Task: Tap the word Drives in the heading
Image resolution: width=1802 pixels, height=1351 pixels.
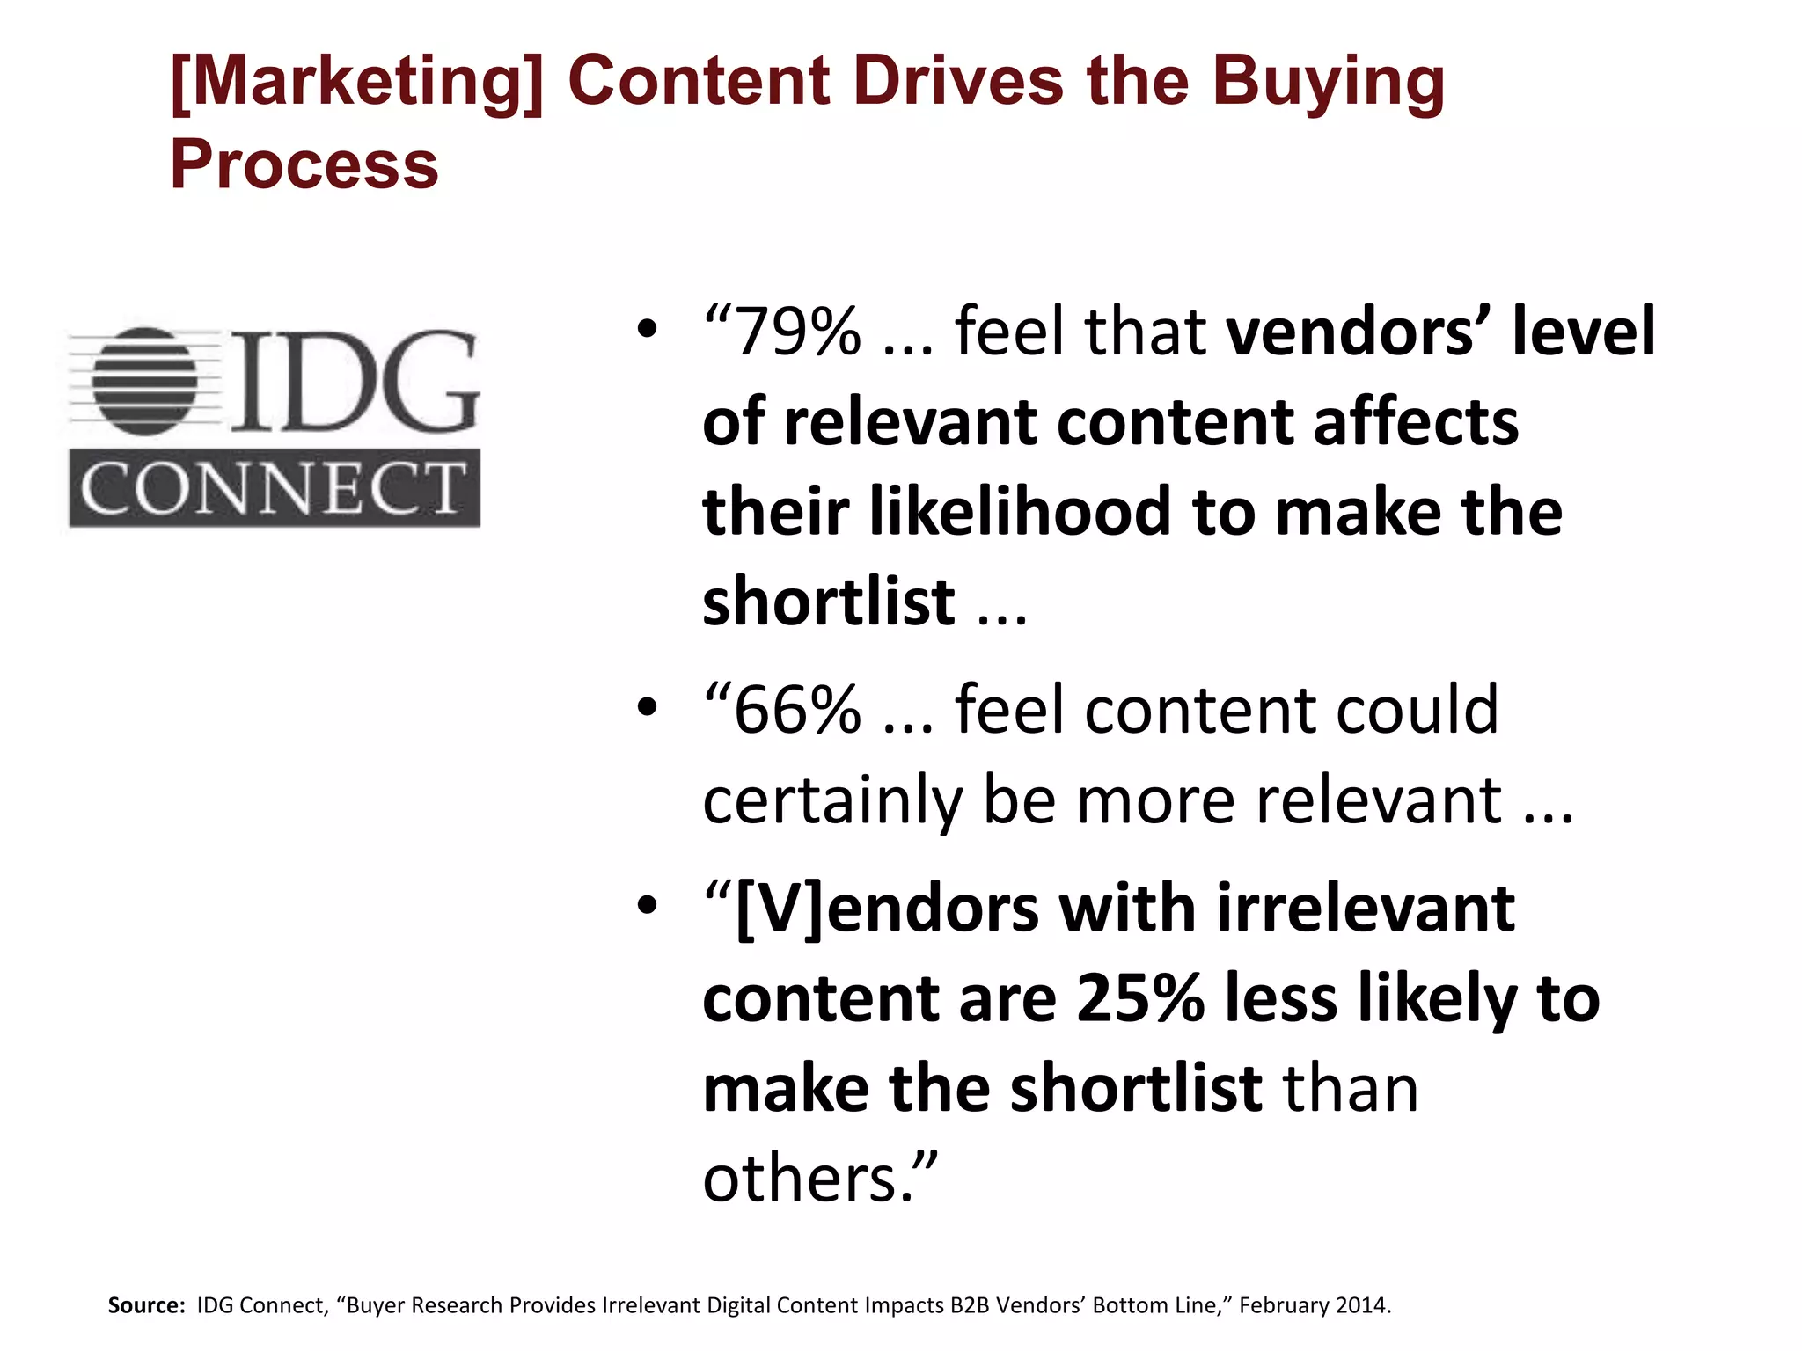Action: coord(959,81)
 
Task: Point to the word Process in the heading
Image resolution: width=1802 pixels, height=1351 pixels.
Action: coord(304,164)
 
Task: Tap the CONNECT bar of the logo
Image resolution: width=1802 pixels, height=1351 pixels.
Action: coord(275,488)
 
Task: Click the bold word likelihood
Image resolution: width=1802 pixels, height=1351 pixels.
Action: coord(1020,512)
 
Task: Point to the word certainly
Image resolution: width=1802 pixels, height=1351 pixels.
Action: coord(832,801)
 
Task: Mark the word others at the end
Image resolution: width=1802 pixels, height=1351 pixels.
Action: coord(801,1178)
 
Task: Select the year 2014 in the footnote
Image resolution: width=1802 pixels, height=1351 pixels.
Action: coord(1360,1305)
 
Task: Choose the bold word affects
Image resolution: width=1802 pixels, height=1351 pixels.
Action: coord(1416,422)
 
